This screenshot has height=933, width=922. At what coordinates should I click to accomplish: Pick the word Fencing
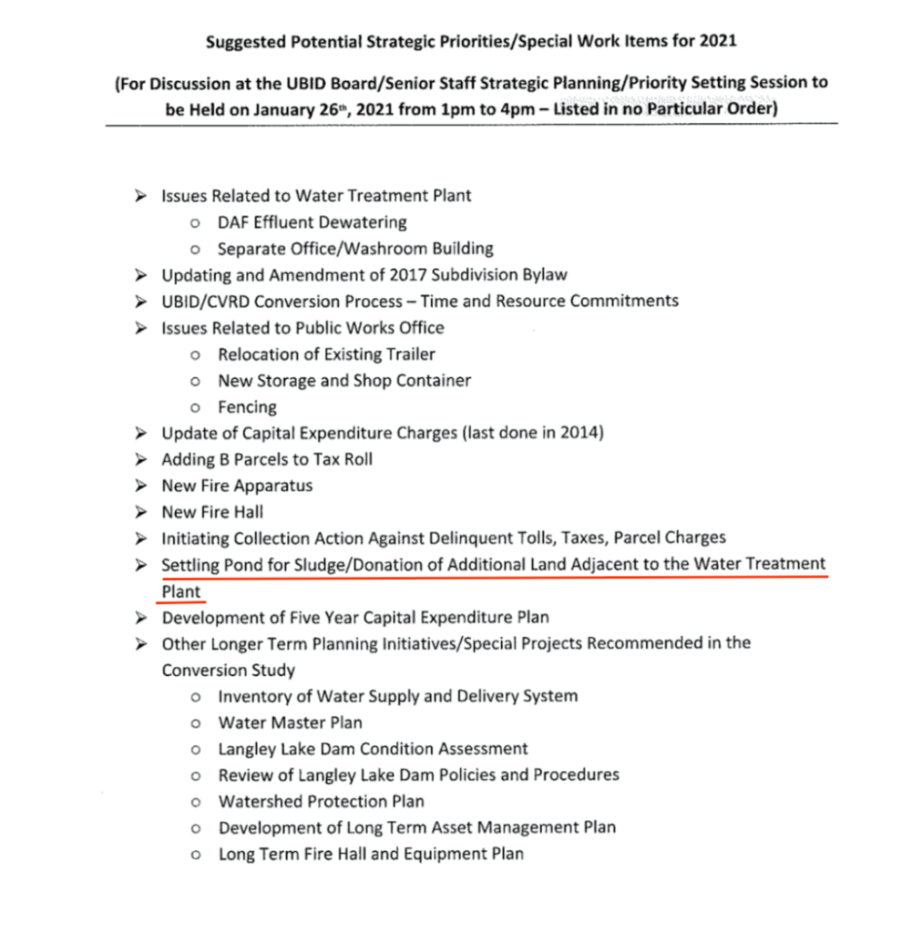point(247,407)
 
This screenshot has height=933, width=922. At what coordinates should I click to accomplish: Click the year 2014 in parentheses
point(578,434)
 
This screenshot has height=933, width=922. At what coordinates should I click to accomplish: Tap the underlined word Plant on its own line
point(181,592)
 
